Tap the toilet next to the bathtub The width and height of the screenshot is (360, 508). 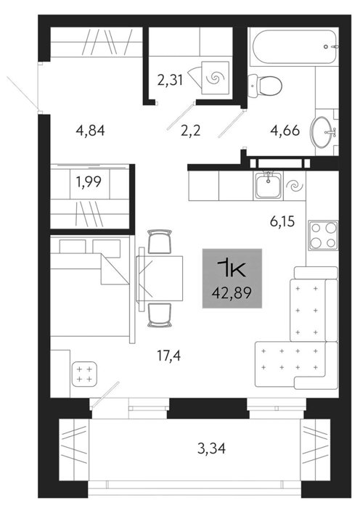pyautogui.click(x=264, y=86)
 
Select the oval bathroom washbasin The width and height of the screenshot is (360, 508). pyautogui.click(x=323, y=131)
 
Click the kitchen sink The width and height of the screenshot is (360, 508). pyautogui.click(x=269, y=186)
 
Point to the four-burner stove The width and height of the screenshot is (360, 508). pyautogui.click(x=323, y=236)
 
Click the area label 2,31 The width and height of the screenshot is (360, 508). pyautogui.click(x=171, y=80)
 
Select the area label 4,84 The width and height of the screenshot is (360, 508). pyautogui.click(x=90, y=131)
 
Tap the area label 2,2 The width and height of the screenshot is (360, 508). pyautogui.click(x=191, y=131)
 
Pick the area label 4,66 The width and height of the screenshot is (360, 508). pyautogui.click(x=285, y=131)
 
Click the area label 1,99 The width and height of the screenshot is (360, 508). pyautogui.click(x=89, y=181)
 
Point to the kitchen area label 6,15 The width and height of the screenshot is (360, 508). pyautogui.click(x=282, y=221)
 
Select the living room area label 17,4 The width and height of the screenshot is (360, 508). pyautogui.click(x=168, y=356)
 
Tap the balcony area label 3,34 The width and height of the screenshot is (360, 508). pyautogui.click(x=211, y=448)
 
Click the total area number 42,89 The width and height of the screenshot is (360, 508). pyautogui.click(x=232, y=293)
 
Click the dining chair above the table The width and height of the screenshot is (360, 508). pyautogui.click(x=160, y=242)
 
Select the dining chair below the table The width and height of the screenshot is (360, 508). pyautogui.click(x=159, y=315)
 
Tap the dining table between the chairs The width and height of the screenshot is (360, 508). pyautogui.click(x=159, y=279)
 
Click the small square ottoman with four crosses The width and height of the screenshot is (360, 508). pyautogui.click(x=84, y=374)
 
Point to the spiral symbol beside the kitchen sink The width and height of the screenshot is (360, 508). pyautogui.click(x=295, y=186)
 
